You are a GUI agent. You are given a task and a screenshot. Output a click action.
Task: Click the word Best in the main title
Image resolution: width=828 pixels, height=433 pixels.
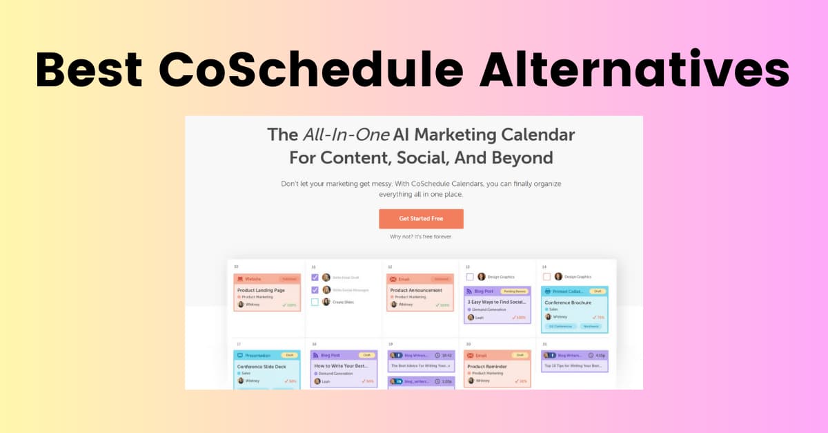coord(88,70)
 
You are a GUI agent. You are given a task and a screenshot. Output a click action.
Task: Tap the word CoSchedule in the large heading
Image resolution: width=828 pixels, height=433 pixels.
coord(310,70)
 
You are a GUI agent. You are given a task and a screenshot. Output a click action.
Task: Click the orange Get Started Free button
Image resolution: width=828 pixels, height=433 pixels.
coord(421,219)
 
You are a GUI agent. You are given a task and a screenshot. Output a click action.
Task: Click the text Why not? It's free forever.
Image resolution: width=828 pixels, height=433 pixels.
coord(421,237)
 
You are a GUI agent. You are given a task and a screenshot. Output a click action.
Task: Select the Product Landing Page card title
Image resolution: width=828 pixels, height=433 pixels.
coord(260,290)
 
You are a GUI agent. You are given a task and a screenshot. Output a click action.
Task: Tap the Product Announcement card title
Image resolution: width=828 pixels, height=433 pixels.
coord(416,290)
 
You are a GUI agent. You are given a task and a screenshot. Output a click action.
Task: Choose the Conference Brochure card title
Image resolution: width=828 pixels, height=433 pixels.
coord(568,302)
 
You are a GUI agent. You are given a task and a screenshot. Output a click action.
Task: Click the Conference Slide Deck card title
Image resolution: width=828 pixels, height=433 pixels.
coord(262,366)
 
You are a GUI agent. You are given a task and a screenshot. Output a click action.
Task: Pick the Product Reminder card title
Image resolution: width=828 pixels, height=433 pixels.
coord(487,366)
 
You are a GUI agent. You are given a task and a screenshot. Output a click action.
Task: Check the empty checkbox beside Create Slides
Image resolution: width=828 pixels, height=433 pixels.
coord(315,302)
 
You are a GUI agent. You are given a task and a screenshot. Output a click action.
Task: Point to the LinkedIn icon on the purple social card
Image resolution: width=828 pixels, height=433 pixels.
coord(399,381)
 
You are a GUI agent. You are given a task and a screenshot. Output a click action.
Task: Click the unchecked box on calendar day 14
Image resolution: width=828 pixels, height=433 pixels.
coord(546,276)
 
